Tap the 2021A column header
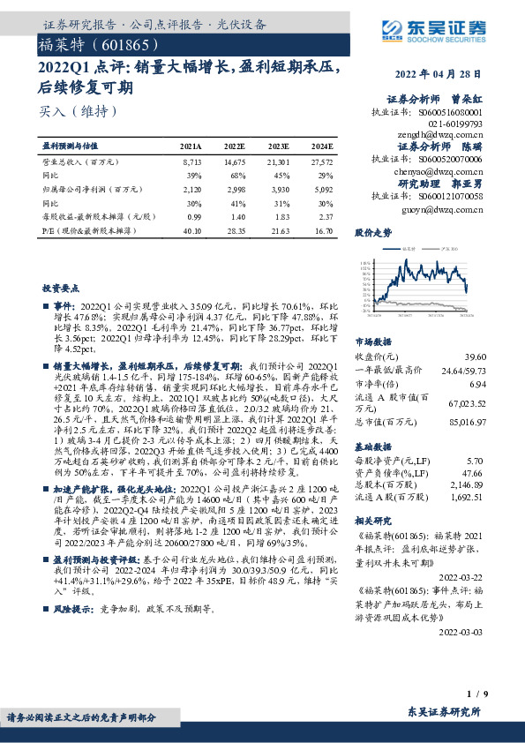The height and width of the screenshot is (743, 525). coord(191,146)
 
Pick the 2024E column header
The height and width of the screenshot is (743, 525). coord(322,146)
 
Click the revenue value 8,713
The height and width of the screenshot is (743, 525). coord(191,163)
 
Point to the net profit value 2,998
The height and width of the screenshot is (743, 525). coord(235,189)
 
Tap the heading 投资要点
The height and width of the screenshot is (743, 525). coord(62,288)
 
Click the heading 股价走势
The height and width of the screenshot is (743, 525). coord(372,233)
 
